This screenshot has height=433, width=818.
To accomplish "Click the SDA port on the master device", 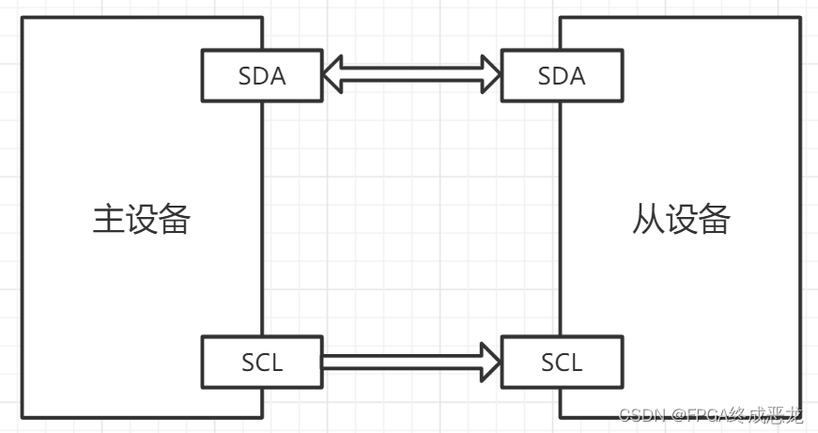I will pos(262,76).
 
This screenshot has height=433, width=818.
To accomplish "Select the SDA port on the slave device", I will pos(562,76).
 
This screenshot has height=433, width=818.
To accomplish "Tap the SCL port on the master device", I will pos(262,362).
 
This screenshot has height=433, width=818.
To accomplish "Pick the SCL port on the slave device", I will pos(562,362).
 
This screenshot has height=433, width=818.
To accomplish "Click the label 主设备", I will pos(142,219).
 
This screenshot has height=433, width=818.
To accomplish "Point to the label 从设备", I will pos(681,219).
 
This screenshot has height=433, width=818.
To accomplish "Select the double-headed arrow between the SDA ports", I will pos(411,74).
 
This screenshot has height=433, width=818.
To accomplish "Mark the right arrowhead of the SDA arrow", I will pos(489,74).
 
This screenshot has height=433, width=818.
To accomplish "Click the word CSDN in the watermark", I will pos(641,415).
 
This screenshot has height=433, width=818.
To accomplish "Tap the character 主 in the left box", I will pos(108,219).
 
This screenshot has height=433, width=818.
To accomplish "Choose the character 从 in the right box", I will pos(648,219).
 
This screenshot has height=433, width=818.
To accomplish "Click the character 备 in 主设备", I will pos(175,219).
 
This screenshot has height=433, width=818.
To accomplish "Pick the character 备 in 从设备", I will pos(714,219).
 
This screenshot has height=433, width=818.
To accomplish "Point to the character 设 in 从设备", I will pos(681,219).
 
